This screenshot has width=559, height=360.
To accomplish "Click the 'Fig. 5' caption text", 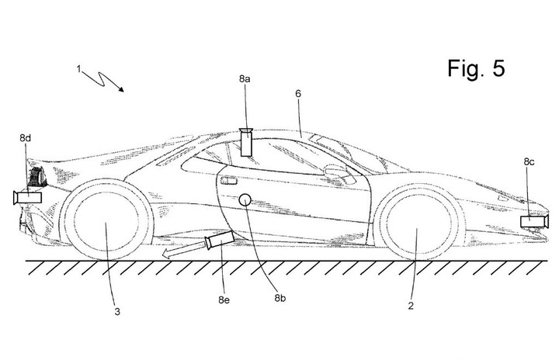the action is tap(476, 67).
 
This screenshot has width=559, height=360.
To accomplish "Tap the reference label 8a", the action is tap(245, 79).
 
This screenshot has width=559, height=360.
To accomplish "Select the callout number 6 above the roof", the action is tap(298, 93).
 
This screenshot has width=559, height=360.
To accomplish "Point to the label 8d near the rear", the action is tap(26, 138).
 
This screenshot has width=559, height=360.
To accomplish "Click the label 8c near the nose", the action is tap(529, 162).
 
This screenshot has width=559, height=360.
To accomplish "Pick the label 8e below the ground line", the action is tap(224, 299).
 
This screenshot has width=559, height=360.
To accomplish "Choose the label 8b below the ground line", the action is tap(279, 298).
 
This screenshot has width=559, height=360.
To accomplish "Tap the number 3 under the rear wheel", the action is tap(117, 312).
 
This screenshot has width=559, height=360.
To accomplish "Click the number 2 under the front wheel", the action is tap(411, 306).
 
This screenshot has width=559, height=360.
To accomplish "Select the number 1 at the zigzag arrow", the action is tap(78, 69).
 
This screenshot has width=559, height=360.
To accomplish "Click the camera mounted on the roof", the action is tap(246, 142).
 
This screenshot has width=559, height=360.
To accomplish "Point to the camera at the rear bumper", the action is tap(27, 198).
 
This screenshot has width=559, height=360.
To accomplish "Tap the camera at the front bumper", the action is tap(534, 221).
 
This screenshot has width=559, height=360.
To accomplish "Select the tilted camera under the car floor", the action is tap(220, 240).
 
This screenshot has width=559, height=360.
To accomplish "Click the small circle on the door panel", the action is tap(245, 200).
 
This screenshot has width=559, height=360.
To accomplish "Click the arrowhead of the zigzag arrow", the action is tap(122, 89).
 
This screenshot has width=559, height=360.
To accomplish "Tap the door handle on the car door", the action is tap(229, 181).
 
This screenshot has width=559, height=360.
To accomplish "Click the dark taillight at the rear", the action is tap(37, 177).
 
